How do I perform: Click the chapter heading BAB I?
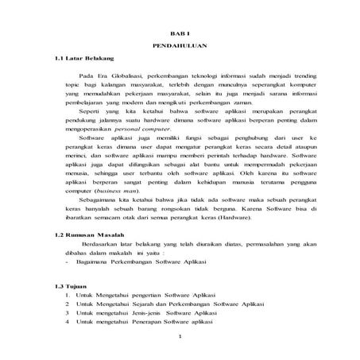tap(180, 29)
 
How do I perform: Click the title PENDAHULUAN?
tap(180, 45)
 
